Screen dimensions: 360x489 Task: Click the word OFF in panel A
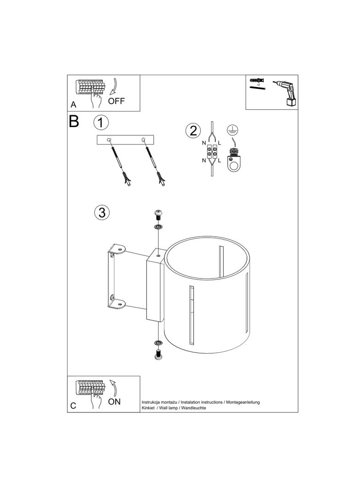[x=116, y=101]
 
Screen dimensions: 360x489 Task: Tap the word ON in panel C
[x=114, y=402]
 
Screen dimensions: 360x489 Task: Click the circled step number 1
[x=101, y=122]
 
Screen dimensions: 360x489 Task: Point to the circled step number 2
[x=193, y=131]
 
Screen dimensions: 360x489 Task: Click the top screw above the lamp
[x=159, y=214]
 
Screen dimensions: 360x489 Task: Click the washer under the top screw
[x=159, y=227]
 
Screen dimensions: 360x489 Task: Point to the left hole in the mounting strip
[x=109, y=140]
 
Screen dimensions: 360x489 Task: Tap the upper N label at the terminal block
[x=203, y=143]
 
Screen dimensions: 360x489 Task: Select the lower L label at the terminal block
[x=219, y=161]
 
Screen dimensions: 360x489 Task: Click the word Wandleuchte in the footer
[x=194, y=408]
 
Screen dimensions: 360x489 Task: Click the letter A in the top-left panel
[x=73, y=105]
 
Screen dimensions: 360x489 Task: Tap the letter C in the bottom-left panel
[x=73, y=406]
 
